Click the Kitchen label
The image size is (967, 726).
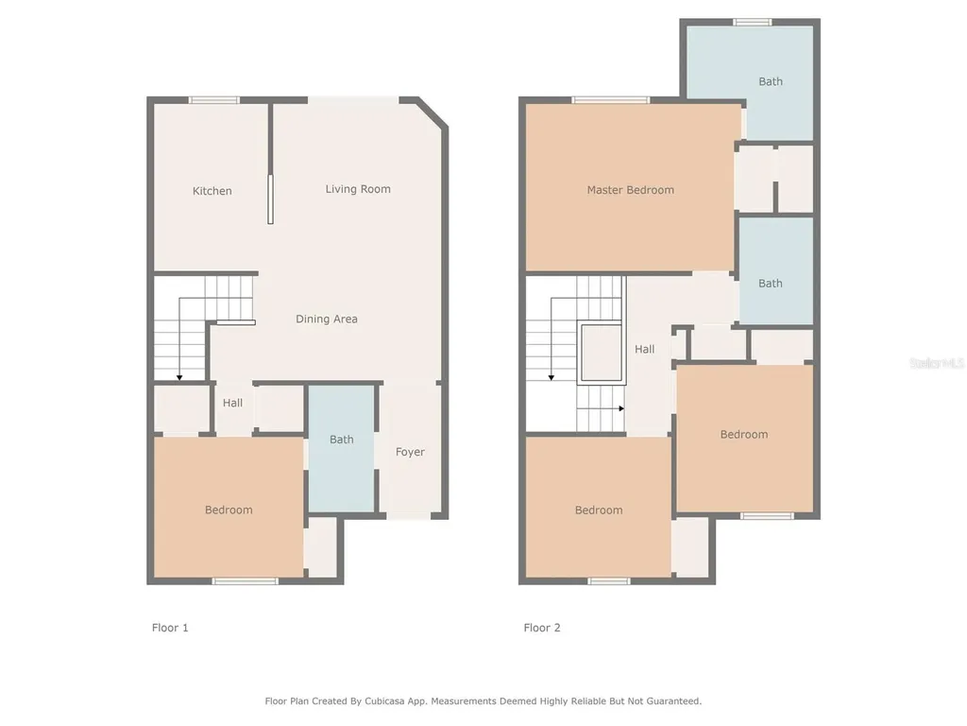click(x=212, y=191)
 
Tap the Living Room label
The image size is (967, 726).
click(x=358, y=189)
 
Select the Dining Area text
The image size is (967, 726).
click(x=326, y=320)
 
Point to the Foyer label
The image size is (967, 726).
click(x=410, y=453)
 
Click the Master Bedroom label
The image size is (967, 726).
click(x=630, y=190)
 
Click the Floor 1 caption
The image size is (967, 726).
click(x=170, y=628)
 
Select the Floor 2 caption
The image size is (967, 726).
click(x=542, y=628)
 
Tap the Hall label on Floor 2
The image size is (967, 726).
click(x=645, y=350)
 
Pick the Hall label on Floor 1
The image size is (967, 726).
click(x=232, y=404)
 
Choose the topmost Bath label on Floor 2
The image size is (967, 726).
click(x=771, y=82)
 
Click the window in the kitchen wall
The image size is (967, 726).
click(x=213, y=100)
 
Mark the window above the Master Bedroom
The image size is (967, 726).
click(x=610, y=100)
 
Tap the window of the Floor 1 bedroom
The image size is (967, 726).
click(x=245, y=580)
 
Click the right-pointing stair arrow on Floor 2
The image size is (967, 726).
click(x=620, y=408)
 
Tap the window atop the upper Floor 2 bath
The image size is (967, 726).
click(x=753, y=23)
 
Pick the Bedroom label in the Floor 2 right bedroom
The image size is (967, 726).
click(x=743, y=435)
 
